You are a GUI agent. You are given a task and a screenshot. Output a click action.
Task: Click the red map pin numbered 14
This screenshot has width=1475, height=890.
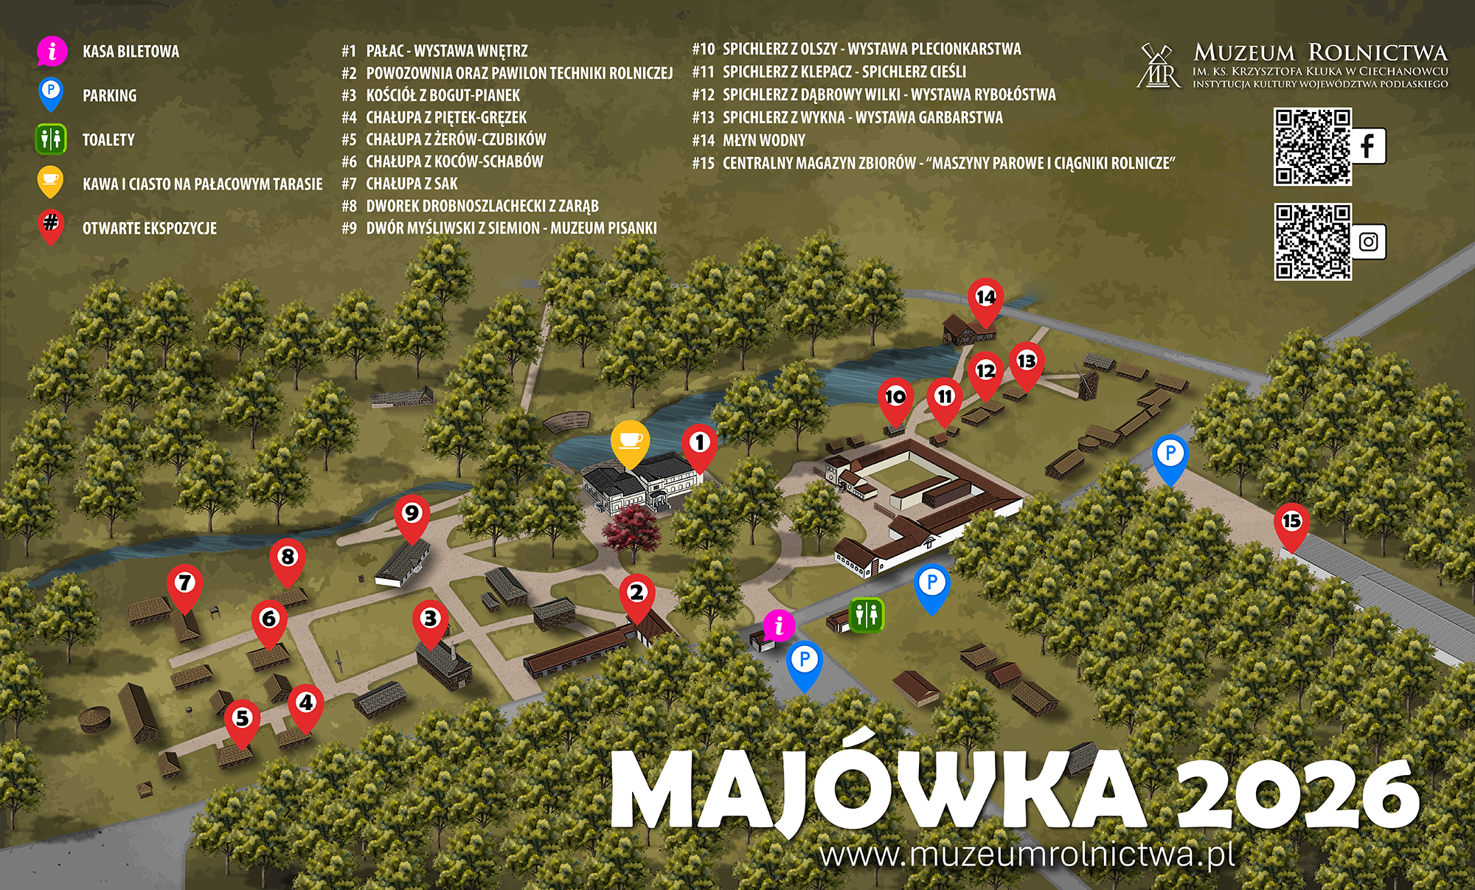[985, 298]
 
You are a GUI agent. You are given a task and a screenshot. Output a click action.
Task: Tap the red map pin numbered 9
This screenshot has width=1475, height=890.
[412, 514]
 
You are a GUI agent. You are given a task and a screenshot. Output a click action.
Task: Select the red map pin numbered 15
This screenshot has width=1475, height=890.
[1291, 522]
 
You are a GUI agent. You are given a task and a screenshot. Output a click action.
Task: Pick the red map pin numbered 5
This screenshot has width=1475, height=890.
[242, 718]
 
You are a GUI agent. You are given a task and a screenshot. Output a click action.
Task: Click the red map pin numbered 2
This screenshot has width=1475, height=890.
[636, 593]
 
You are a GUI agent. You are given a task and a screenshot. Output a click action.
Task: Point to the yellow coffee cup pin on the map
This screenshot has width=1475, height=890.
[630, 441]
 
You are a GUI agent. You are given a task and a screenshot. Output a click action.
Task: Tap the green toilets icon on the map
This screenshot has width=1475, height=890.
[866, 614]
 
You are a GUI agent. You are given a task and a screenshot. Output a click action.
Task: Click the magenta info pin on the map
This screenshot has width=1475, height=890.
[778, 626]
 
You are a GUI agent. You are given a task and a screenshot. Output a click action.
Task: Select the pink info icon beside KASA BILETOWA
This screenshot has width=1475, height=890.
[52, 52]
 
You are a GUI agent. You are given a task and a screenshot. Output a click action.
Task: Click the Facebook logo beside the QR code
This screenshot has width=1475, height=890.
[1367, 146]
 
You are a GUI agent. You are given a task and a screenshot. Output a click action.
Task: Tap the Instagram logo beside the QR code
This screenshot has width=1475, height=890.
[1368, 242]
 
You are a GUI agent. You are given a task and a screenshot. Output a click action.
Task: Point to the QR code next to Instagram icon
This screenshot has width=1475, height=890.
[1312, 242]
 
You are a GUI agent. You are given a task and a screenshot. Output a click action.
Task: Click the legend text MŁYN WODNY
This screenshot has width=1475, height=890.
[763, 140]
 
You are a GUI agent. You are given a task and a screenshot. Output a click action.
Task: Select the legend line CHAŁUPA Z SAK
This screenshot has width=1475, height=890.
[412, 184]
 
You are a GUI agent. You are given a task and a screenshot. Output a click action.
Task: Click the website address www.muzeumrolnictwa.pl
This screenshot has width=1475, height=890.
[1027, 855]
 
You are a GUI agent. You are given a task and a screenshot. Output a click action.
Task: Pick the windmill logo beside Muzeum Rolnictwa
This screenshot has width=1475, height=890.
[1158, 66]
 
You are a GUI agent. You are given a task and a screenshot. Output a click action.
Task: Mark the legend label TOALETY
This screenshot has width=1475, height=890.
[108, 139]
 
